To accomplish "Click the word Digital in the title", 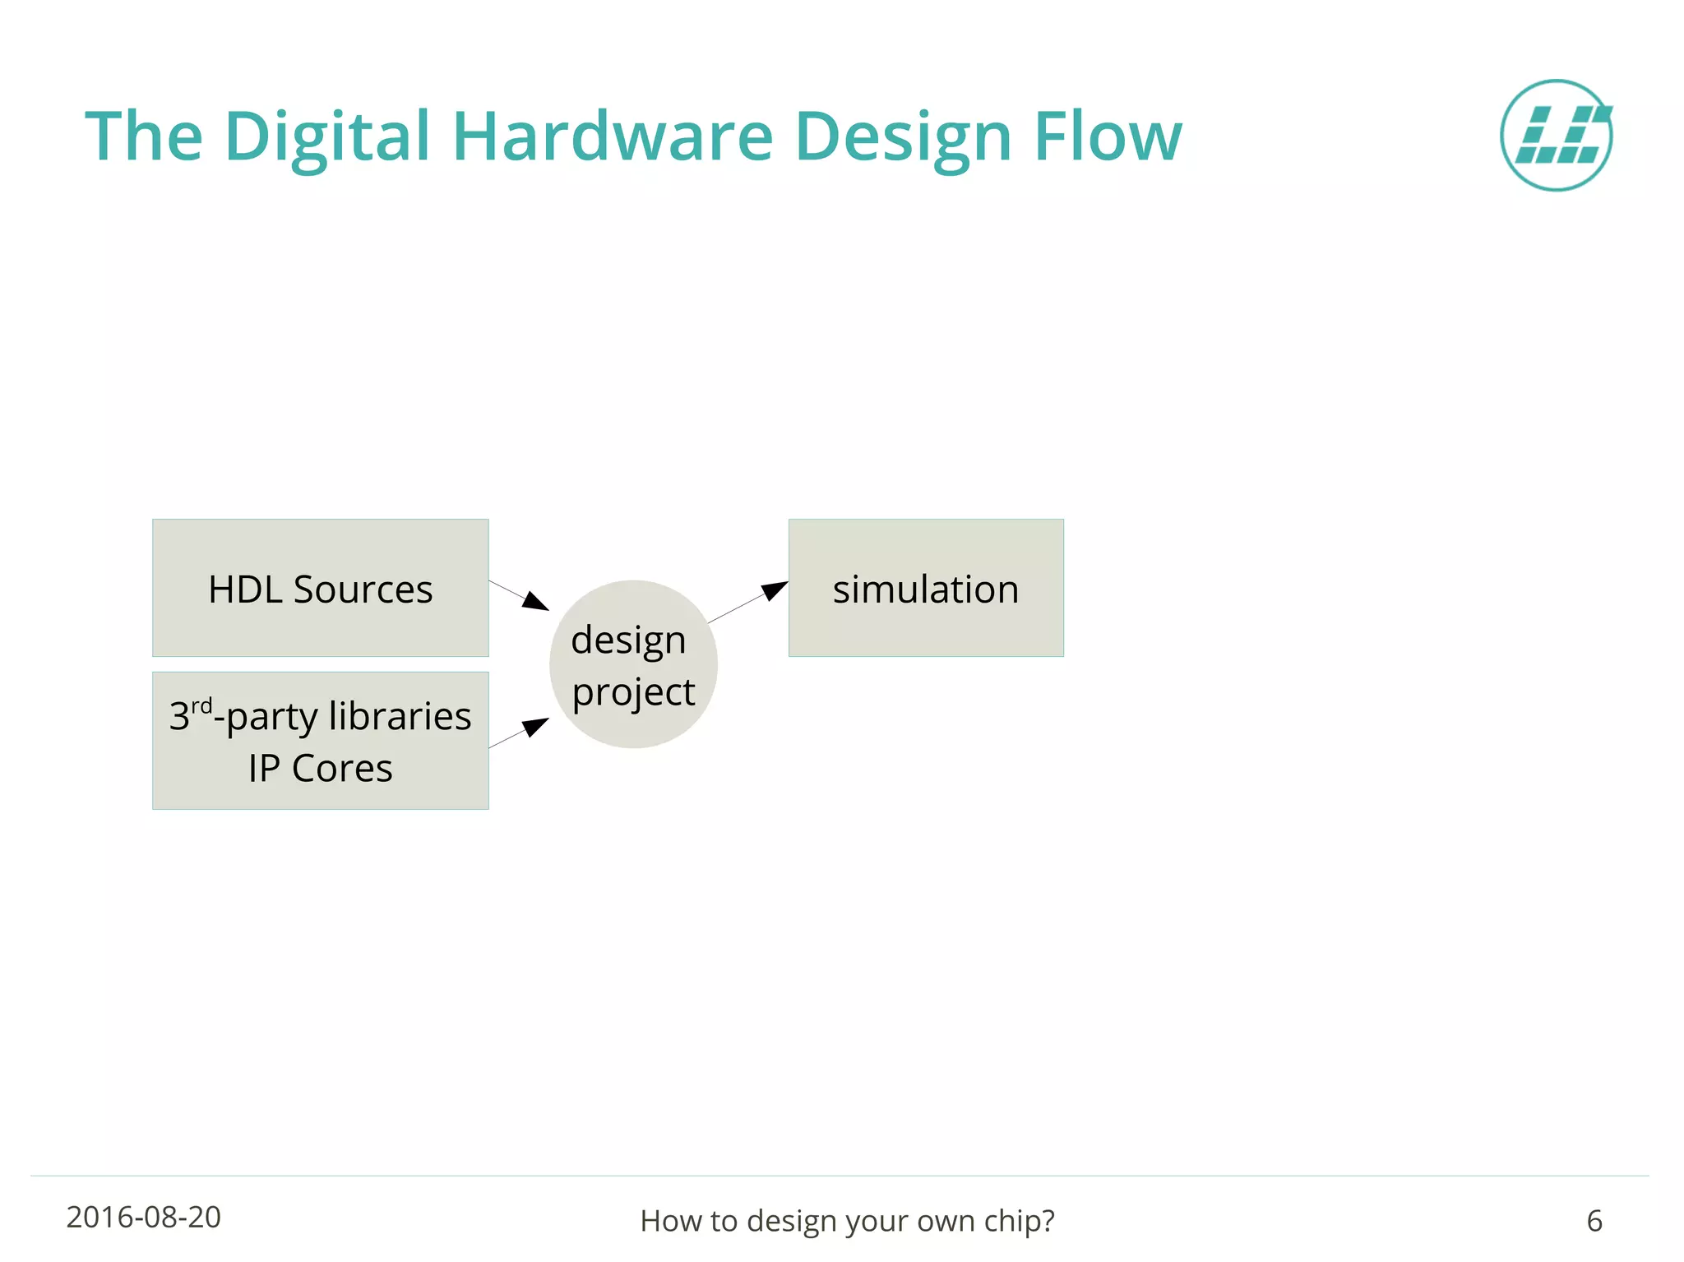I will click(x=326, y=136).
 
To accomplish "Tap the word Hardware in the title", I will click(x=612, y=136).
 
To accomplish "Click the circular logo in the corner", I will click(x=1556, y=136).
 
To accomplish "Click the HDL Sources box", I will click(x=320, y=588).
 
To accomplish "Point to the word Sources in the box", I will click(x=363, y=589).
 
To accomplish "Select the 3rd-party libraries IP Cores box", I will click(x=320, y=741).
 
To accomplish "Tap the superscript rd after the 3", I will click(x=201, y=706).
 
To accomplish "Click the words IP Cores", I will click(x=320, y=769).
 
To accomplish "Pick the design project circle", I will click(x=633, y=664).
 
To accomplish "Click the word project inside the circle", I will click(x=633, y=692).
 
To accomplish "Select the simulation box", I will click(x=926, y=588).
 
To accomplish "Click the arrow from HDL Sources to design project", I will click(x=520, y=595).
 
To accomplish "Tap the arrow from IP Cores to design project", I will click(x=520, y=733).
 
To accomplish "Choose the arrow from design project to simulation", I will click(x=748, y=602).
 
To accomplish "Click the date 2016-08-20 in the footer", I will click(x=143, y=1218).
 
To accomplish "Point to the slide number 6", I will click(x=1594, y=1221).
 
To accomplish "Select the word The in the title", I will click(x=144, y=136).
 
